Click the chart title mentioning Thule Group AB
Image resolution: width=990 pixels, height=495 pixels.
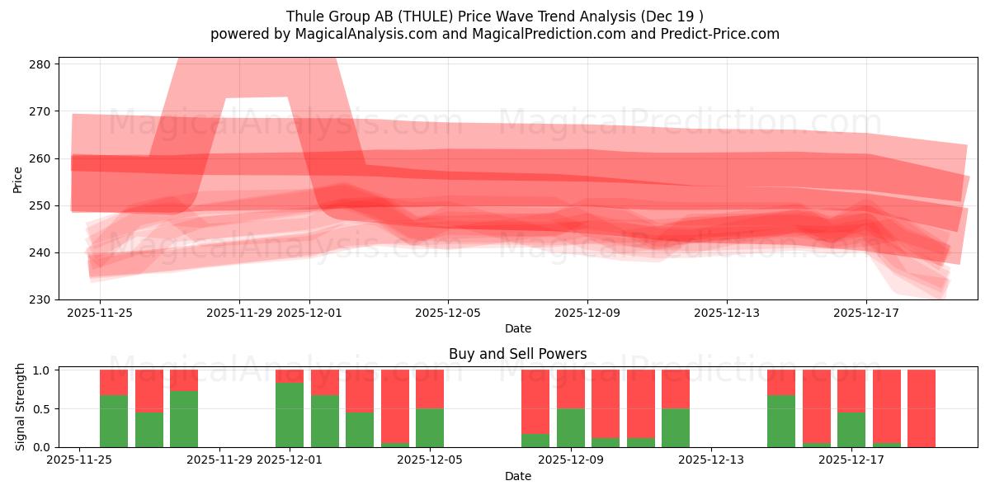495,16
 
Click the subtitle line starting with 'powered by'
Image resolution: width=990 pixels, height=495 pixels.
495,34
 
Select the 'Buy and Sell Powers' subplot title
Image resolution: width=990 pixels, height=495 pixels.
517,354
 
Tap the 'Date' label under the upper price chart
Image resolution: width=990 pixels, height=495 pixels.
517,328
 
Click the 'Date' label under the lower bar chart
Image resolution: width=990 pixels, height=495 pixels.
517,476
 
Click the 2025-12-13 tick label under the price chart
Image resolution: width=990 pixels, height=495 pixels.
726,313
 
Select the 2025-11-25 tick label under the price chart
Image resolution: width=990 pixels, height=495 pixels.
100,313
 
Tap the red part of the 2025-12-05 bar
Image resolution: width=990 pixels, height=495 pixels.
430,389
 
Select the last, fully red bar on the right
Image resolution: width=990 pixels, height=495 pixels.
922,408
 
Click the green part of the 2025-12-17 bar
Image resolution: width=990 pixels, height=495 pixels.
851,429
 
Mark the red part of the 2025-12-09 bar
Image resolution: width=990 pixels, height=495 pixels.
571,389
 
